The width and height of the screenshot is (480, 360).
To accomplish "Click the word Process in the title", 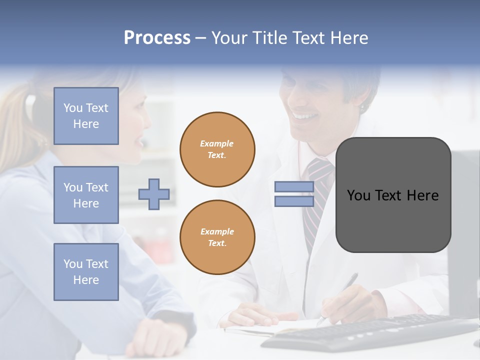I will pyautogui.click(x=157, y=37).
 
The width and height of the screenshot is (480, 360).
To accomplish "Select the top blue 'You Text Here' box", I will pyautogui.click(x=86, y=116).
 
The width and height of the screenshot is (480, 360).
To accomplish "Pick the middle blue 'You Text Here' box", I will pyautogui.click(x=86, y=195).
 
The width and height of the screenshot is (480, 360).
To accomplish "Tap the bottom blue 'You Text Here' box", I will pyautogui.click(x=86, y=271).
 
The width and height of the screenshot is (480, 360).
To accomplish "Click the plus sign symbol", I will pyautogui.click(x=154, y=194).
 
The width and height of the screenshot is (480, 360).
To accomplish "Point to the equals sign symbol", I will pyautogui.click(x=294, y=194).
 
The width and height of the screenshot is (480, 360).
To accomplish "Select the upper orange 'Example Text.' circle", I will pyautogui.click(x=217, y=149).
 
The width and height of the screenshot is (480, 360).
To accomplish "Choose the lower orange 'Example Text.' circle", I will pyautogui.click(x=217, y=237).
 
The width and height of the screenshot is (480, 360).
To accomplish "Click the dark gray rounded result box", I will pyautogui.click(x=393, y=195).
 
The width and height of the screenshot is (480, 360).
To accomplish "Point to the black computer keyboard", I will pyautogui.click(x=370, y=332).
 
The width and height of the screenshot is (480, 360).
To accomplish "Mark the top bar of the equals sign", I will pyautogui.click(x=294, y=187).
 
